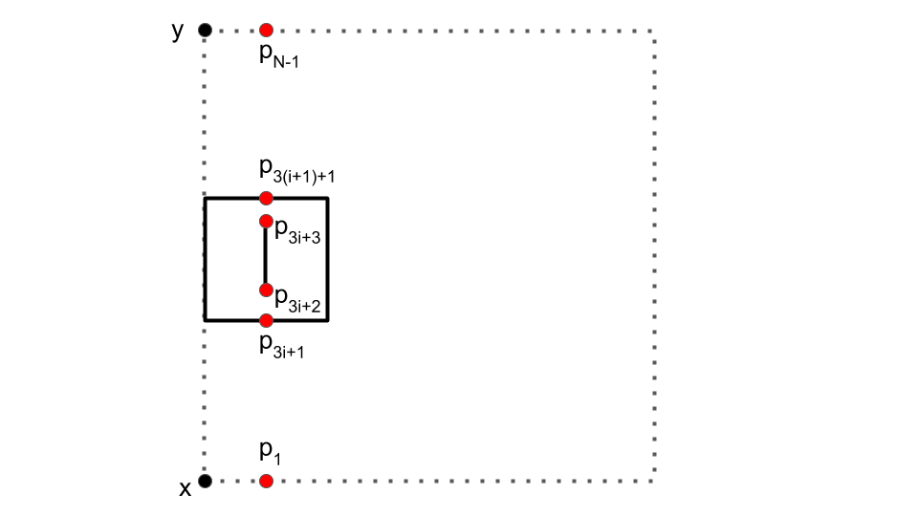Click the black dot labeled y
[205, 31]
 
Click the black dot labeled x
[205, 481]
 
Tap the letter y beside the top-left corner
[177, 32]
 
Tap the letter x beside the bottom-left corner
[186, 489]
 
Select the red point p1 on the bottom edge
[266, 481]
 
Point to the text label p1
[271, 451]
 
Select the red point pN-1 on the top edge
[266, 31]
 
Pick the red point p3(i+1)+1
[266, 198]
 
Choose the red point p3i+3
[266, 222]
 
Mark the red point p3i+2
[266, 290]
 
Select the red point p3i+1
[266, 320]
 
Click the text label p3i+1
[282, 346]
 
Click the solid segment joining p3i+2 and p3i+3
[266, 256]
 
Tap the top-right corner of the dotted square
[653, 31]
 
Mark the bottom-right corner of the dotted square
[653, 481]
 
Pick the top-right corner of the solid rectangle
[328, 198]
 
